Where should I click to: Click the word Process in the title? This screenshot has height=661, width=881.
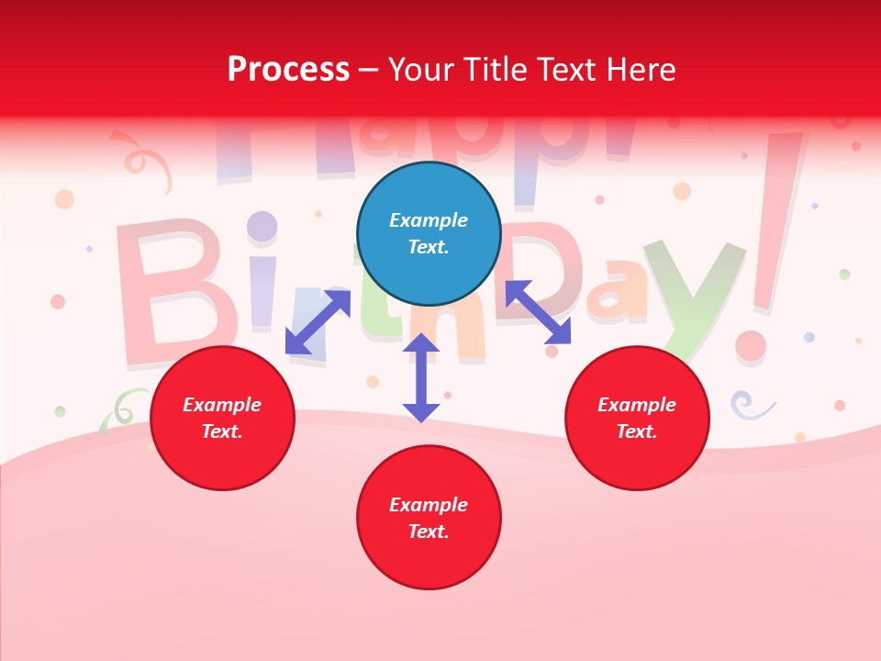[288, 69]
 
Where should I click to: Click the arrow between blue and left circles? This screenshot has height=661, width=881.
[318, 322]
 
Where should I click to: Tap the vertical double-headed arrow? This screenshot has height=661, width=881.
[421, 377]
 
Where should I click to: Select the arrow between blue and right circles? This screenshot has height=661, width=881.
[538, 312]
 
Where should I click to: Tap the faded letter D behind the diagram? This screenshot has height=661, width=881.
[541, 266]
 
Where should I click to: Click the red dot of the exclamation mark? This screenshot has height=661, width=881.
[751, 346]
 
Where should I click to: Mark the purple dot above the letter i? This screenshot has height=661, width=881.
[262, 226]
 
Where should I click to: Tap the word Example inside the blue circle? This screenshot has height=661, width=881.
[429, 220]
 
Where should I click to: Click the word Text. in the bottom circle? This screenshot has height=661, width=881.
[429, 532]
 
